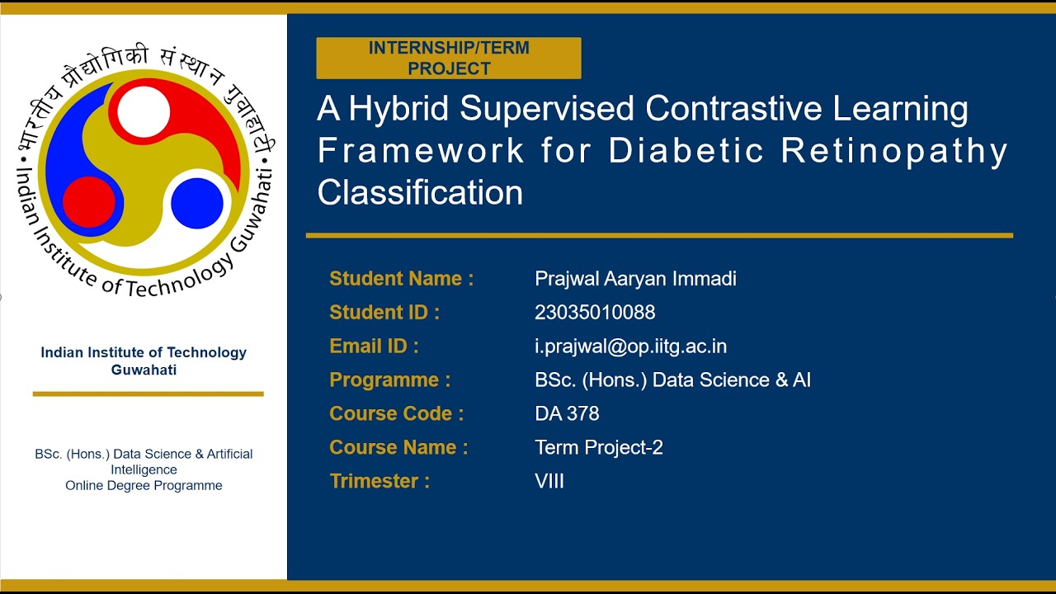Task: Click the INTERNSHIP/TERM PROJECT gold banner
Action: [x=449, y=58]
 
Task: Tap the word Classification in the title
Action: [x=420, y=193]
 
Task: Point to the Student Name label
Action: [x=401, y=279]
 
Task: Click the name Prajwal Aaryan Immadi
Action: [x=635, y=279]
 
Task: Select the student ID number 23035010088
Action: [x=595, y=313]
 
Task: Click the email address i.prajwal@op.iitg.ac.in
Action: [x=630, y=346]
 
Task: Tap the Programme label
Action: [x=389, y=380]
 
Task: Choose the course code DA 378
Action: [x=567, y=414]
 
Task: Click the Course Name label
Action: [x=398, y=448]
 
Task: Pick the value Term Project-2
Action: [x=599, y=448]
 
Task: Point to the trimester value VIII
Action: [x=549, y=482]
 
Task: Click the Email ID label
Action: [x=374, y=346]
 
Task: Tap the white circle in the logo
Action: [x=144, y=112]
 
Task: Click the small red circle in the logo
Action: [x=89, y=202]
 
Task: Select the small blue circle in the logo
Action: [x=197, y=203]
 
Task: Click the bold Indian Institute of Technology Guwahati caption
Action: [x=144, y=361]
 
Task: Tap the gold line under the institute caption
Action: [x=148, y=394]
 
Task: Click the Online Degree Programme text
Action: [x=144, y=486]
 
